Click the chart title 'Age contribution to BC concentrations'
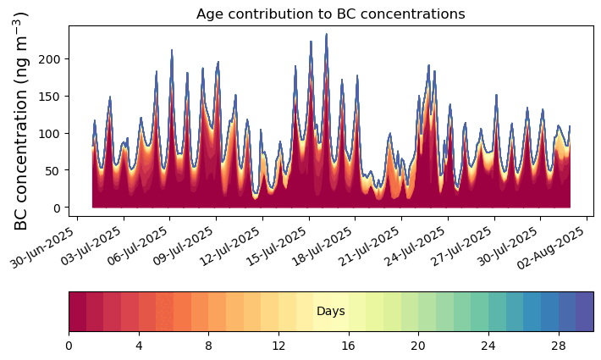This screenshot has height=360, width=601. click(330, 14)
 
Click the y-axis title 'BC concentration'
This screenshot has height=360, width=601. click(22, 120)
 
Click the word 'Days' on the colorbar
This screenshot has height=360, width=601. click(330, 312)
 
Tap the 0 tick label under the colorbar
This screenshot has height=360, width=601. click(69, 346)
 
